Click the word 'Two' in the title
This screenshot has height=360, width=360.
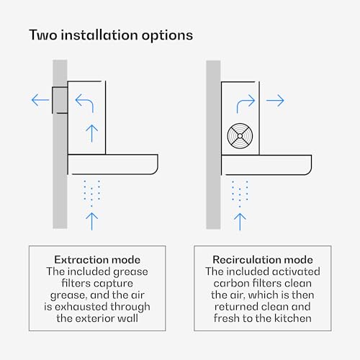[43, 35]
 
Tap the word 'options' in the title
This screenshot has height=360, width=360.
[167, 36]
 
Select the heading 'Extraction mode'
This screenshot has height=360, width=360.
[97, 260]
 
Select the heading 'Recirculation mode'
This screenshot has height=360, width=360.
[263, 260]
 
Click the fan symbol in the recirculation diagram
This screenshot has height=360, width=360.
[240, 136]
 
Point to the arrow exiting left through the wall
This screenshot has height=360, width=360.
[40, 100]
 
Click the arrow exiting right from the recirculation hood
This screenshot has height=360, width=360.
[275, 100]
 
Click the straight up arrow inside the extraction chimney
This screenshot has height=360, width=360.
[92, 133]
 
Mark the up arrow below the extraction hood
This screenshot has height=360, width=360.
[92, 221]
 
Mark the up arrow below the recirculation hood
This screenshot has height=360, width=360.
[240, 222]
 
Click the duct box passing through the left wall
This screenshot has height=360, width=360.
[60, 100]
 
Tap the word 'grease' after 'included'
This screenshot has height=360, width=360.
[130, 272]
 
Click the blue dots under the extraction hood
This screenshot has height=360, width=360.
[91, 193]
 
